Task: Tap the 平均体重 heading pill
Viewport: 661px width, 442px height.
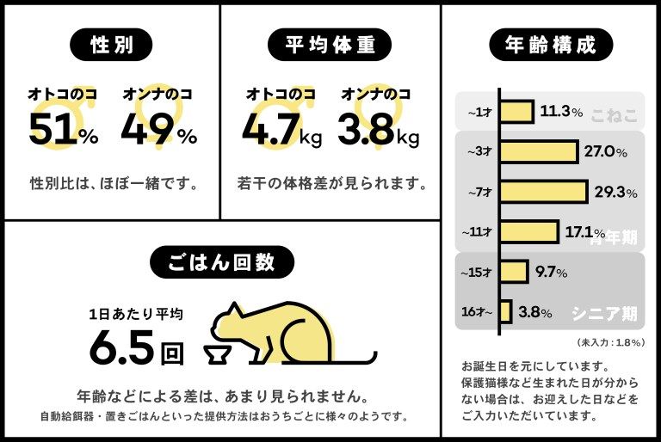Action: (330, 44)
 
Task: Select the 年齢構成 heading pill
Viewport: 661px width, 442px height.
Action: (550, 44)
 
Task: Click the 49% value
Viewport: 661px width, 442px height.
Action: (158, 130)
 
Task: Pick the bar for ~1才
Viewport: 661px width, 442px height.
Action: (516, 113)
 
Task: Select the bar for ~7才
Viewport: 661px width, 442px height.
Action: (542, 192)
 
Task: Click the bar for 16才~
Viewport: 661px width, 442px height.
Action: (505, 311)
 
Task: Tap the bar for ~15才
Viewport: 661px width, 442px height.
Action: (513, 272)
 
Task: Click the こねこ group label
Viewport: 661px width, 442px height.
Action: (613, 114)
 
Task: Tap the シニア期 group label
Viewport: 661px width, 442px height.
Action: (605, 314)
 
